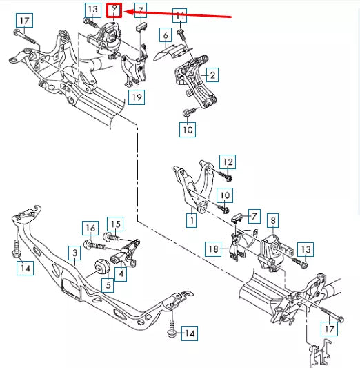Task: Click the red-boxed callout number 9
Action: pyautogui.click(x=115, y=10)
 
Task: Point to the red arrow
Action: pyautogui.click(x=179, y=15)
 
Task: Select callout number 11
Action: pyautogui.click(x=179, y=15)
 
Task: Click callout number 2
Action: pyautogui.click(x=212, y=75)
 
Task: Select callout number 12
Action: pyautogui.click(x=228, y=162)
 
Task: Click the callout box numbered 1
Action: pyautogui.click(x=190, y=221)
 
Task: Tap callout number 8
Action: pyautogui.click(x=273, y=221)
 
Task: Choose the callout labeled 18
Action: pyautogui.click(x=213, y=249)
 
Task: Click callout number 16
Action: pyautogui.click(x=90, y=228)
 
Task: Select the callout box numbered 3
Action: pyautogui.click(x=73, y=254)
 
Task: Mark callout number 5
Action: pyautogui.click(x=107, y=284)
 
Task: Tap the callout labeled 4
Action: pyautogui.click(x=121, y=274)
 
